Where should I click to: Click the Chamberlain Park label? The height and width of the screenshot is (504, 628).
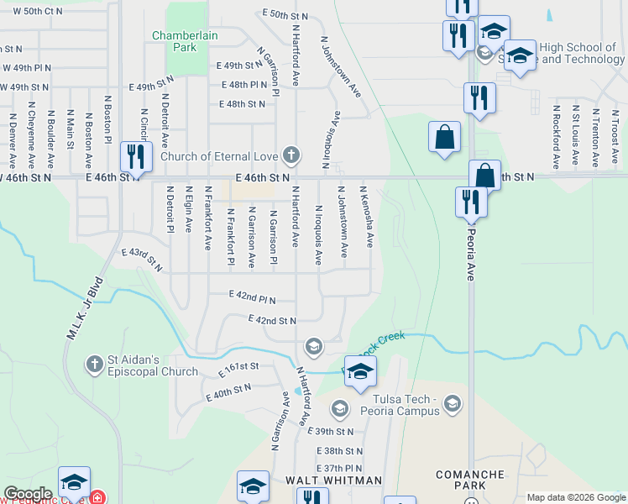click(173, 41)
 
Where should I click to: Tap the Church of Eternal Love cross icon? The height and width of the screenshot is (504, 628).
click(290, 155)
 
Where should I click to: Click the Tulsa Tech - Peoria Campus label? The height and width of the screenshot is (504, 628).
click(400, 405)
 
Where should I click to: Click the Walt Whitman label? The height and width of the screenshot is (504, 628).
click(333, 480)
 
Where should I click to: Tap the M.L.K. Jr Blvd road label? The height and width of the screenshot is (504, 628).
click(84, 308)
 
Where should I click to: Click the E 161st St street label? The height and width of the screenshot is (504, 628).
click(240, 369)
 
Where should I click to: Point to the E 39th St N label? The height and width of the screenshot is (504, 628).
click(331, 431)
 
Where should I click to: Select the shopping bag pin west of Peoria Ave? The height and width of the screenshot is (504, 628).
click(444, 138)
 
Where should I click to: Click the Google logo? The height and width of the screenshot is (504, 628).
click(28, 494)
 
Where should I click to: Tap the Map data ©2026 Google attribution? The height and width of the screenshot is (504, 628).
click(575, 497)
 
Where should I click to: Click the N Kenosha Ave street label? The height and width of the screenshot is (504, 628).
click(367, 216)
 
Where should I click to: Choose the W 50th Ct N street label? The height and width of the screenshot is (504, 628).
click(33, 11)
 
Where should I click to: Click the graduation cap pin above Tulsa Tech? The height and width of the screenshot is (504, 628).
click(360, 371)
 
